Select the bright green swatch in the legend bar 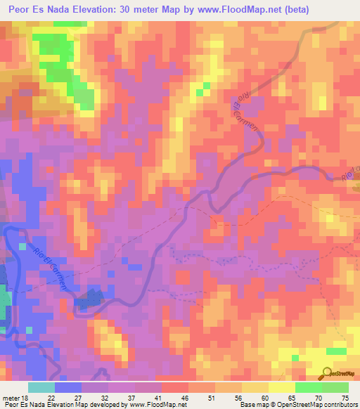coord(308,387)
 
